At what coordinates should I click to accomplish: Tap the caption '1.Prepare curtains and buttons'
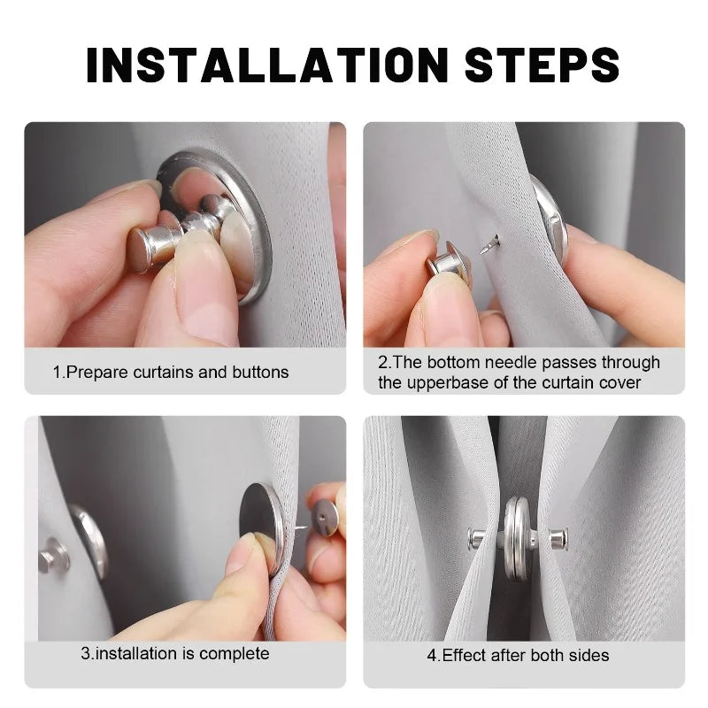[x=171, y=372]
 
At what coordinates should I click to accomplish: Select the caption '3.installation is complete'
[x=174, y=654]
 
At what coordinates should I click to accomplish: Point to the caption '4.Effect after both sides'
[x=518, y=655]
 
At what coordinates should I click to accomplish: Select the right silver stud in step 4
[x=555, y=537]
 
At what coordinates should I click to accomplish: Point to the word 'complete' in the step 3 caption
[x=235, y=654]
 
